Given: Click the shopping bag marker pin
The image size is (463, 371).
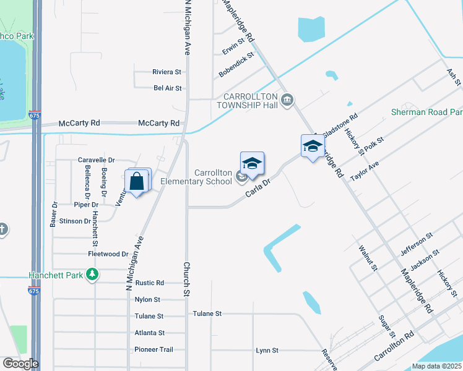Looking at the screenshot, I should pyautogui.click(x=137, y=182).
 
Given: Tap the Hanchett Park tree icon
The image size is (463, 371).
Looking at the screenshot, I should pyautogui.click(x=92, y=273).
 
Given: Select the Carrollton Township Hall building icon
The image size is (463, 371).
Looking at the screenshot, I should pyautogui.click(x=287, y=100).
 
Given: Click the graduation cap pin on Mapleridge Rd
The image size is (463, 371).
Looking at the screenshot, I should pyautogui.click(x=313, y=147).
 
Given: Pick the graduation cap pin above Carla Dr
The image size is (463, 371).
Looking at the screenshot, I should pyautogui.click(x=252, y=164).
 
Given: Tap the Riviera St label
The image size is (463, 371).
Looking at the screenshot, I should pyautogui.click(x=167, y=72).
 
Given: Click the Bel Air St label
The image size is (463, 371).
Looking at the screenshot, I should pyautogui.click(x=168, y=88).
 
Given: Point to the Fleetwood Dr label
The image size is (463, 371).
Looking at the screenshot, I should pyautogui.click(x=108, y=254).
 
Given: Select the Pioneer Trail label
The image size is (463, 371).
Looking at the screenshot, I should pyautogui.click(x=154, y=349).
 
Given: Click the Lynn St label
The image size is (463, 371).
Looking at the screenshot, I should pyautogui.click(x=267, y=351).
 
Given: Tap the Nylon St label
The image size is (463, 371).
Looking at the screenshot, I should pyautogui.click(x=147, y=299).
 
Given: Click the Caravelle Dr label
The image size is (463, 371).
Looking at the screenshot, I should pyautogui.click(x=97, y=160).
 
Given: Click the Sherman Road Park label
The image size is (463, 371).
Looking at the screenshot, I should pyautogui.click(x=427, y=113).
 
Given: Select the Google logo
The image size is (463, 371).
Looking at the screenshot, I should pyautogui.click(x=20, y=364).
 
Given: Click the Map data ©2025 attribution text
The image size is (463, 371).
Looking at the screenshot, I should pyautogui.click(x=436, y=366).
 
